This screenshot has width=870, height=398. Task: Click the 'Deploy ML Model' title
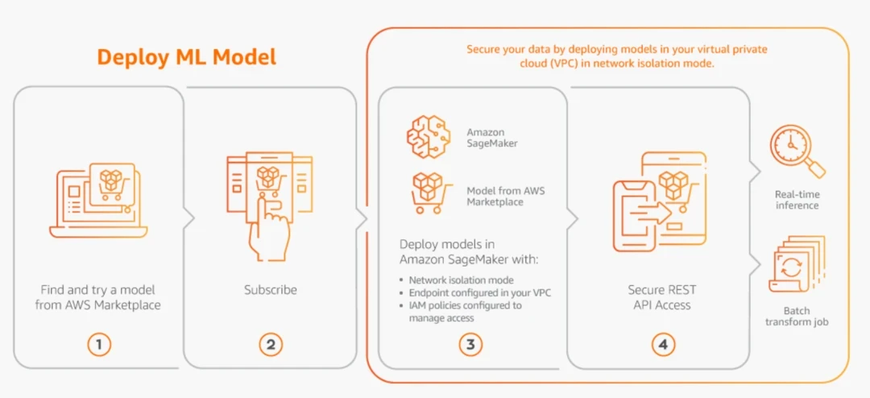(x=186, y=57)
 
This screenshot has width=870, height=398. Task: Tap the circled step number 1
(x=98, y=345)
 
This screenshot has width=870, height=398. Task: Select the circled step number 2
(x=271, y=345)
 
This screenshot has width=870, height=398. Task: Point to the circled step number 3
(x=470, y=345)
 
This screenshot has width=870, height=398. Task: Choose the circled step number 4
(x=662, y=345)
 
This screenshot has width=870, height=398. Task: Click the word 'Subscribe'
(x=271, y=289)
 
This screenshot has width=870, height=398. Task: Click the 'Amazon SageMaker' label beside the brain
(x=492, y=137)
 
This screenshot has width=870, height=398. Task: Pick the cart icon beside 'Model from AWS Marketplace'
(x=426, y=194)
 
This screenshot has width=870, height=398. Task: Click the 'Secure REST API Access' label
(x=662, y=296)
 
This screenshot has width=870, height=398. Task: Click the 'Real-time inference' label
(x=797, y=200)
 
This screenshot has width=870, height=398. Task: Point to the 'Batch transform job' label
(x=797, y=316)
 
